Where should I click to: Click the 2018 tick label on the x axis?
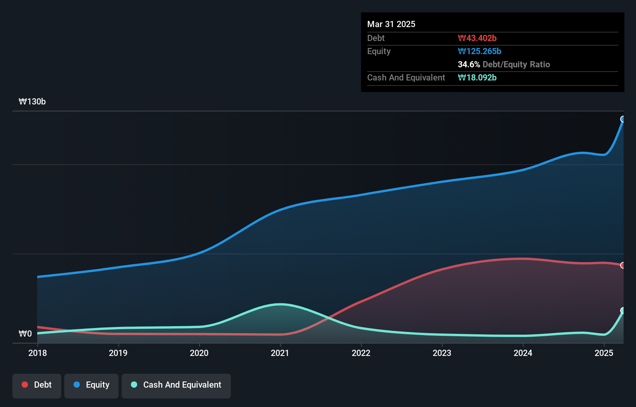pos(38,353)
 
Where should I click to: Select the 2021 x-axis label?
pos(280,353)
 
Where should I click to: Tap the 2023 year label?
pos(442,353)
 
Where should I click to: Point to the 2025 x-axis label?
pos(604,353)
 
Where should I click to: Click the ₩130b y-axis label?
pos(32,102)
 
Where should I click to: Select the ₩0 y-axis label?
pos(25,333)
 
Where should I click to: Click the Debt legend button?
pos(37,385)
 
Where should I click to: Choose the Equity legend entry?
pos(91,385)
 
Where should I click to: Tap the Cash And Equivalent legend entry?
pos(176,385)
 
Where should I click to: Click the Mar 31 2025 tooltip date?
pos(391,24)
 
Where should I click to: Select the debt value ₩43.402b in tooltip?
pos(477,38)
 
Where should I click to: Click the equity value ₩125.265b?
pos(480,51)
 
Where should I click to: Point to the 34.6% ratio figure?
pos(469,64)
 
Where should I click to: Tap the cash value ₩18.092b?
pos(477,77)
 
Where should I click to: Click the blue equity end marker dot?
pos(623,119)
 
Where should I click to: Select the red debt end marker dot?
pos(623,265)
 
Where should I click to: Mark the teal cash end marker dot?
pos(623,311)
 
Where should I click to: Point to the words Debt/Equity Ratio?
pos(516,64)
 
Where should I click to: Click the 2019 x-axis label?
pos(118,353)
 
